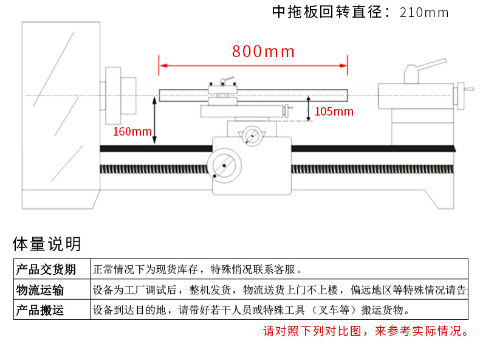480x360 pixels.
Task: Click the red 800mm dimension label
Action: coord(263,51)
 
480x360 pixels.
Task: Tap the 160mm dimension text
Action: coord(132,131)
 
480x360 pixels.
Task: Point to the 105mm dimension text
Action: coord(334,111)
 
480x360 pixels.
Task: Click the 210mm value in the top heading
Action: coord(424,13)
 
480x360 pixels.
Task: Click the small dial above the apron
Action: coord(251,134)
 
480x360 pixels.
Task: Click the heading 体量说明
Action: coord(47,244)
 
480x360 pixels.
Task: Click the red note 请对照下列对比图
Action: coord(365,331)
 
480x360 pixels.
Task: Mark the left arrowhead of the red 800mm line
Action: coord(162,65)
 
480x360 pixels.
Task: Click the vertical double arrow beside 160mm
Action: coord(155,121)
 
